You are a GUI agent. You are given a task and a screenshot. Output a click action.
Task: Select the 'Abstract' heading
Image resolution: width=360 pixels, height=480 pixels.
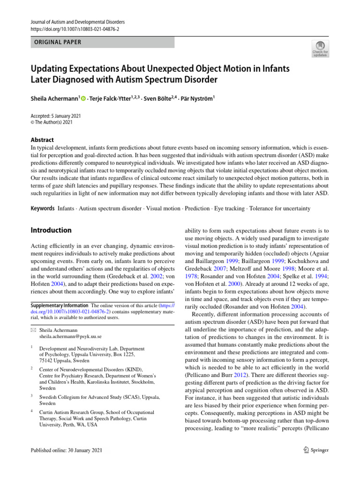click(x=42, y=140)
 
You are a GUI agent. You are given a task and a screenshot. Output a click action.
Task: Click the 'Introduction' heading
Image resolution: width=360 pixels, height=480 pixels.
click(x=51, y=230)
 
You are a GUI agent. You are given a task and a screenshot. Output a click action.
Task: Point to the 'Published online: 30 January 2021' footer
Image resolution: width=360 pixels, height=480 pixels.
click(x=66, y=450)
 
